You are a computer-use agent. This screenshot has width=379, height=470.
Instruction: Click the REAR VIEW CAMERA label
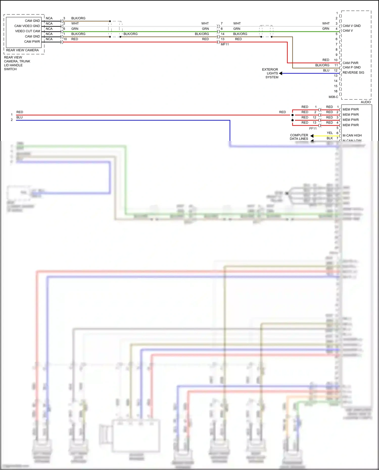(x=22, y=50)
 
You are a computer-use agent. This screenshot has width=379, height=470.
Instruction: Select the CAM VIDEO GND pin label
(x=27, y=26)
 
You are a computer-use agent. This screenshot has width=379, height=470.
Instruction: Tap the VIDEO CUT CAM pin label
(x=28, y=31)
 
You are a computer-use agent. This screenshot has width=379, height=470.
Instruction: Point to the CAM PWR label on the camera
(x=32, y=42)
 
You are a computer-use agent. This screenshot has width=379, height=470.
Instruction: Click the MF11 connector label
(x=225, y=44)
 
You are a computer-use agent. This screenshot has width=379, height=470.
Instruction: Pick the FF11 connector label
(x=313, y=129)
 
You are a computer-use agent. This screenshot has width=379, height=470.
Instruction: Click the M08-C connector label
(x=333, y=97)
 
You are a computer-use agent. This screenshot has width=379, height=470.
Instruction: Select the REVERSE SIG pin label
(x=353, y=73)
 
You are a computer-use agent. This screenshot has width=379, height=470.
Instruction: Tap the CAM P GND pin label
(x=351, y=67)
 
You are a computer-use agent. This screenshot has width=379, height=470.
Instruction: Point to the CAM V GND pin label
(x=351, y=26)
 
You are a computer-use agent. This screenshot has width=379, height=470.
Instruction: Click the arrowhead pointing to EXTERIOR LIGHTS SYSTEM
(x=281, y=73)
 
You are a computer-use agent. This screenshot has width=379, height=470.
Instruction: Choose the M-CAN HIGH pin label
(x=352, y=136)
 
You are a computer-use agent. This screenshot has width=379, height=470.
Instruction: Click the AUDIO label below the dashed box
(x=366, y=102)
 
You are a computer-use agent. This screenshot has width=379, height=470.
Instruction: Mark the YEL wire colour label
(x=330, y=133)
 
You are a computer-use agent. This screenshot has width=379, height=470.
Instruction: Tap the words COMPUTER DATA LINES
(x=299, y=137)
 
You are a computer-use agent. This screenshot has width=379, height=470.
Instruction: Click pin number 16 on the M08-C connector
(x=336, y=91)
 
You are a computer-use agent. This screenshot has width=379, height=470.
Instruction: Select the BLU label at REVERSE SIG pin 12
(x=326, y=70)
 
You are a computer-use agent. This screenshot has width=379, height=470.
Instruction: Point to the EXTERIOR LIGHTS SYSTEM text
(x=270, y=73)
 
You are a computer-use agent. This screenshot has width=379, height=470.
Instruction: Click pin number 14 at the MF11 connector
(x=223, y=34)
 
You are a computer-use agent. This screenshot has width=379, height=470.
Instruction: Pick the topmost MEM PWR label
(x=351, y=110)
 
